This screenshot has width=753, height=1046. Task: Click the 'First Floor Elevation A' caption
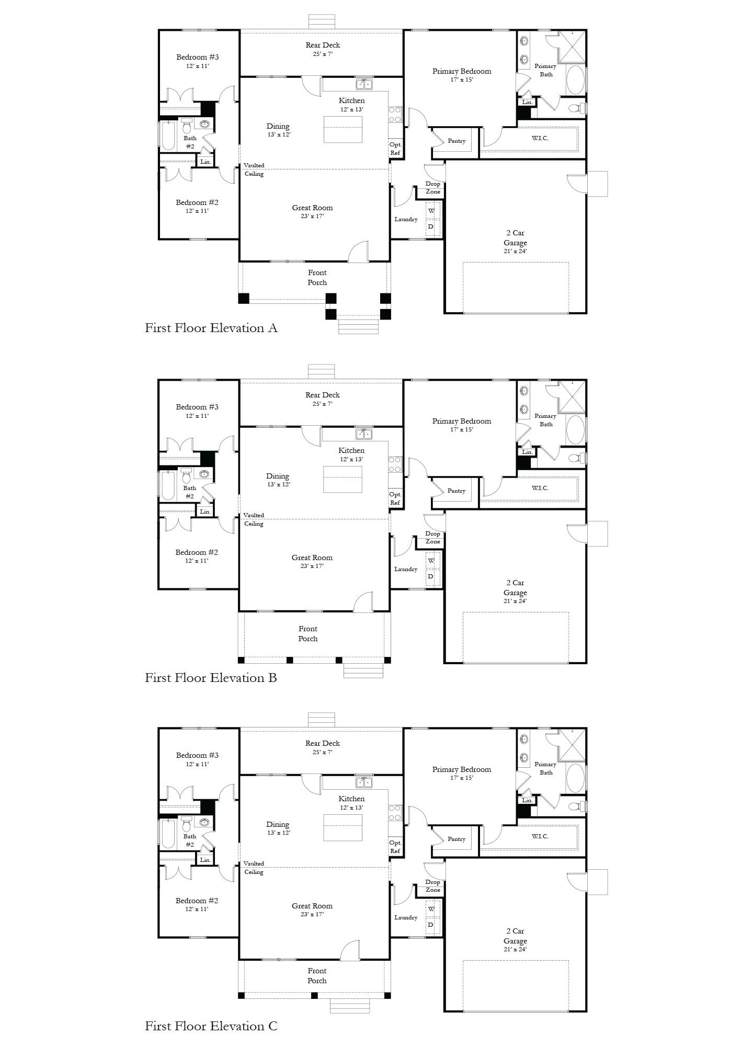tap(211, 328)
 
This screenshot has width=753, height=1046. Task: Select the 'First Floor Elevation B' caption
tap(211, 678)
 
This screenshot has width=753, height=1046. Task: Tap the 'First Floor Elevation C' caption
tap(211, 1026)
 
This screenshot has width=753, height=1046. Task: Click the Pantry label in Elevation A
tap(457, 141)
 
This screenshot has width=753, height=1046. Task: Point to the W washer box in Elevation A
tap(432, 211)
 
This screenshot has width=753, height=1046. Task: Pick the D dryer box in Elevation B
tap(432, 576)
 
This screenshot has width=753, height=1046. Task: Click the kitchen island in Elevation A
tap(343, 129)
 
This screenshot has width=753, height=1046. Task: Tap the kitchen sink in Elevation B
tap(364, 434)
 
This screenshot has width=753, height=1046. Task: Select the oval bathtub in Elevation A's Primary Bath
tap(575, 80)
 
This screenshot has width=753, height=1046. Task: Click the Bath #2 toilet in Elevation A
tap(187, 126)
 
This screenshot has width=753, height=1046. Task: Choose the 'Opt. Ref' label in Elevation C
tap(395, 847)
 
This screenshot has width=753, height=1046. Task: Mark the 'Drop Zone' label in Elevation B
tap(432, 538)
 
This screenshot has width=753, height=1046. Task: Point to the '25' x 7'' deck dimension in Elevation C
tap(323, 752)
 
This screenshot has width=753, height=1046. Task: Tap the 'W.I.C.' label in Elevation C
tap(540, 836)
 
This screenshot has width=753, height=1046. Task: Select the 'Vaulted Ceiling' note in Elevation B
tap(254, 519)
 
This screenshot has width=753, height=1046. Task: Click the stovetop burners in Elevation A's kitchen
tap(394, 115)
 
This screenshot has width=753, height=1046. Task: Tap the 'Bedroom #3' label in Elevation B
tap(197, 407)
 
